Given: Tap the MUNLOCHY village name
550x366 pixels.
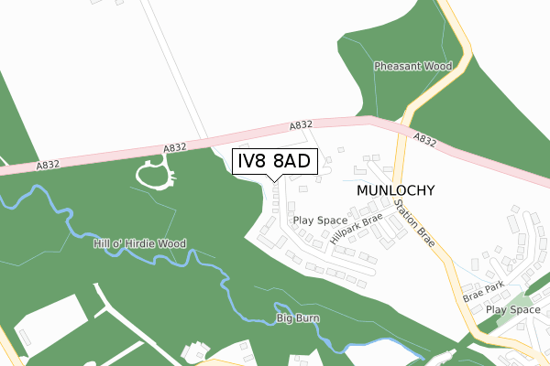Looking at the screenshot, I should tap(389, 190).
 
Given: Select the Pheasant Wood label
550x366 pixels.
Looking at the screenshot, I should tap(413, 67).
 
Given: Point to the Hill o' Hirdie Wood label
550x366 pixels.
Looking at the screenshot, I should tap(139, 244).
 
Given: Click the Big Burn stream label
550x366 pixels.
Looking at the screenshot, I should tap(297, 319).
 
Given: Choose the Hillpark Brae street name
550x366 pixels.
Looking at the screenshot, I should tap(354, 232).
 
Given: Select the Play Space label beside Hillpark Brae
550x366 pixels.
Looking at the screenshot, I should tap(320, 221).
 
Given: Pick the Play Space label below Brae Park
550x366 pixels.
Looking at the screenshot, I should tap(512, 310).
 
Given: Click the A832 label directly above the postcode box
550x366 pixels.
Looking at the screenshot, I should tap(302, 125).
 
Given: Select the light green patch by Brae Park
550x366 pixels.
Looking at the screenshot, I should tap(520, 300).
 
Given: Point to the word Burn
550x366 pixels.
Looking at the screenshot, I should tap(306, 319).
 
